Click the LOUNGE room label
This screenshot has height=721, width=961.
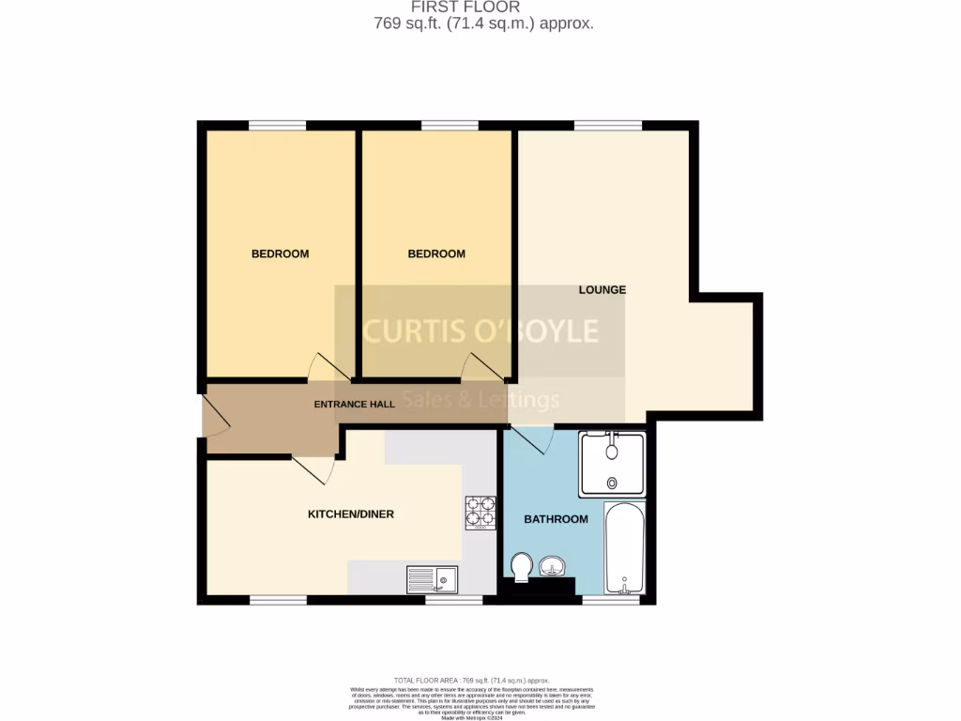[602, 289]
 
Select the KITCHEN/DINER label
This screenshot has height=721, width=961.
[351, 514]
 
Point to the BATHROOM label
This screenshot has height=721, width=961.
[556, 519]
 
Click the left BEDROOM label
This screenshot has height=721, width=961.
[280, 253]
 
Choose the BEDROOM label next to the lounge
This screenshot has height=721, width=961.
[436, 253]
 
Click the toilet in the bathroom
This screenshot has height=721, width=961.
[523, 565]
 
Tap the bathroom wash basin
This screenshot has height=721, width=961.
[551, 565]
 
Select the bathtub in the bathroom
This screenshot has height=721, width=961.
[624, 549]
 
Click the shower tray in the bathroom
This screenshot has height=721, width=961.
[612, 464]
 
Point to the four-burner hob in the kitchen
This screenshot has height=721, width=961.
[480, 513]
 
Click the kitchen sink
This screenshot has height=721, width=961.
[432, 579]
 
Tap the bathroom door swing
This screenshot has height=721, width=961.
[535, 438]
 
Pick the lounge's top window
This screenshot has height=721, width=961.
[607, 125]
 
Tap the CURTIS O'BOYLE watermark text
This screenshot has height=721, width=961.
[480, 330]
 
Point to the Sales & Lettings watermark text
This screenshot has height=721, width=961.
[480, 399]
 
